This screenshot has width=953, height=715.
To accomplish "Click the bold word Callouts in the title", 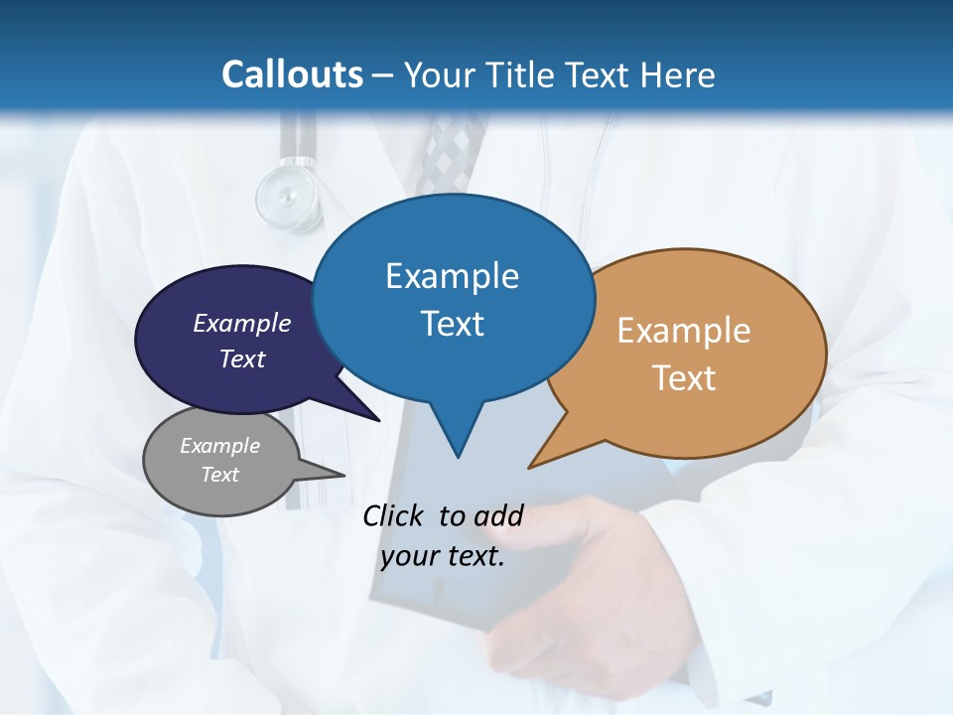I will coord(292,74).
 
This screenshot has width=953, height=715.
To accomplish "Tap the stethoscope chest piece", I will coord(288,195).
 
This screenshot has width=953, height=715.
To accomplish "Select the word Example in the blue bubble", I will coord(452,275).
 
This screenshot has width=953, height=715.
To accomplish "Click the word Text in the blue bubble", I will coord(452,323).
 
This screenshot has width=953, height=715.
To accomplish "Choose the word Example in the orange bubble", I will coord(684,330).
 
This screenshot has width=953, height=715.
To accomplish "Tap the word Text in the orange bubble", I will coord(684,377).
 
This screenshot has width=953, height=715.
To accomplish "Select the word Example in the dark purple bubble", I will coord(242,323).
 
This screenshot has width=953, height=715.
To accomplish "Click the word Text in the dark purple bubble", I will coord(242,358).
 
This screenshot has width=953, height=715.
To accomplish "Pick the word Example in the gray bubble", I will coord(219,446).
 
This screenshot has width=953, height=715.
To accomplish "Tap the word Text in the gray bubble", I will coord(219,475).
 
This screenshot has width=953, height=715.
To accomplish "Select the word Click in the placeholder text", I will coord(394,515).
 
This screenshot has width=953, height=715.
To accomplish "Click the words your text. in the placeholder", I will coord(443,556).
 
